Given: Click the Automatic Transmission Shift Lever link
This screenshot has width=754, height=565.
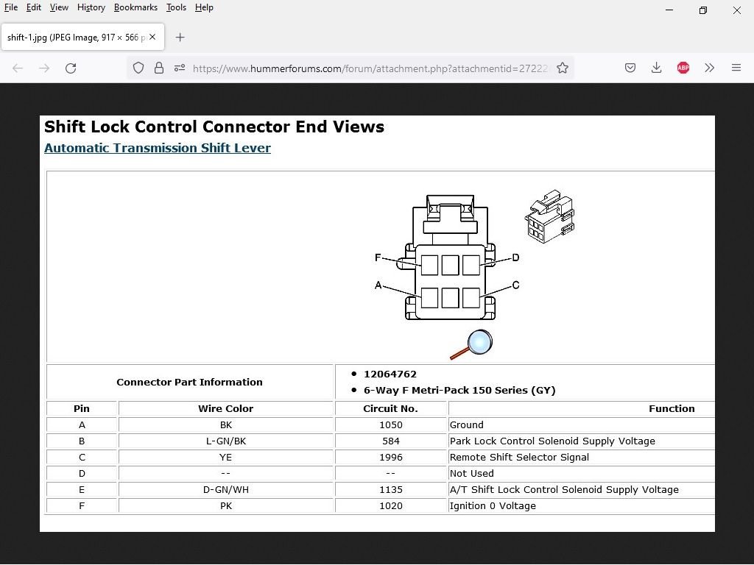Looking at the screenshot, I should pos(157,148).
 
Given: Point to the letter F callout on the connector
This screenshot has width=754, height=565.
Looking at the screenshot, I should pos(378,257).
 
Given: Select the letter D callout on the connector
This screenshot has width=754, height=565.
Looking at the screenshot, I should pos(515,257).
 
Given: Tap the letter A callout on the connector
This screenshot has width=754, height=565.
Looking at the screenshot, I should pos(378,285).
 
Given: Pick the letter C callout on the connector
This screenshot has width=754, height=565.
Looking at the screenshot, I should pos(515,285).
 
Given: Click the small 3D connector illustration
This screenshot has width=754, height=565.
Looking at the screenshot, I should pos(549,218).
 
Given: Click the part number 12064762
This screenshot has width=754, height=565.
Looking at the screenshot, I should pos(390,374).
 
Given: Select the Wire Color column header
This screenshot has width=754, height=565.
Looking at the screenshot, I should pos(225,408).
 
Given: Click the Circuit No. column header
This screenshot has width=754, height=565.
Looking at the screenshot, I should pos(390,408).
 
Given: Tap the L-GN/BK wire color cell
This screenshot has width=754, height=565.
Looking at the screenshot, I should pos(225,441).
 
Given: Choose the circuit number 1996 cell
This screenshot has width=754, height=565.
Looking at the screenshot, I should pos(390,457).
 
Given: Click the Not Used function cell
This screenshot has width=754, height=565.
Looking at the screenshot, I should pos(471,473).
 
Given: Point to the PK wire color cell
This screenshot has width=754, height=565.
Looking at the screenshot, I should pos(225,505).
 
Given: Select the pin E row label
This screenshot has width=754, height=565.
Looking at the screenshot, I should pos(82,489).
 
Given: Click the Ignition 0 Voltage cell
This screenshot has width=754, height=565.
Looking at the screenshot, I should pos(493,505).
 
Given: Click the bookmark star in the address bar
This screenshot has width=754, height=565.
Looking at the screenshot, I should pos(563,68).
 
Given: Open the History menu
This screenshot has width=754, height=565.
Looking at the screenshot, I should pos(91,7).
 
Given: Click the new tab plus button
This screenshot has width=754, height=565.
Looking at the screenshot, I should pos(180,37).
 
